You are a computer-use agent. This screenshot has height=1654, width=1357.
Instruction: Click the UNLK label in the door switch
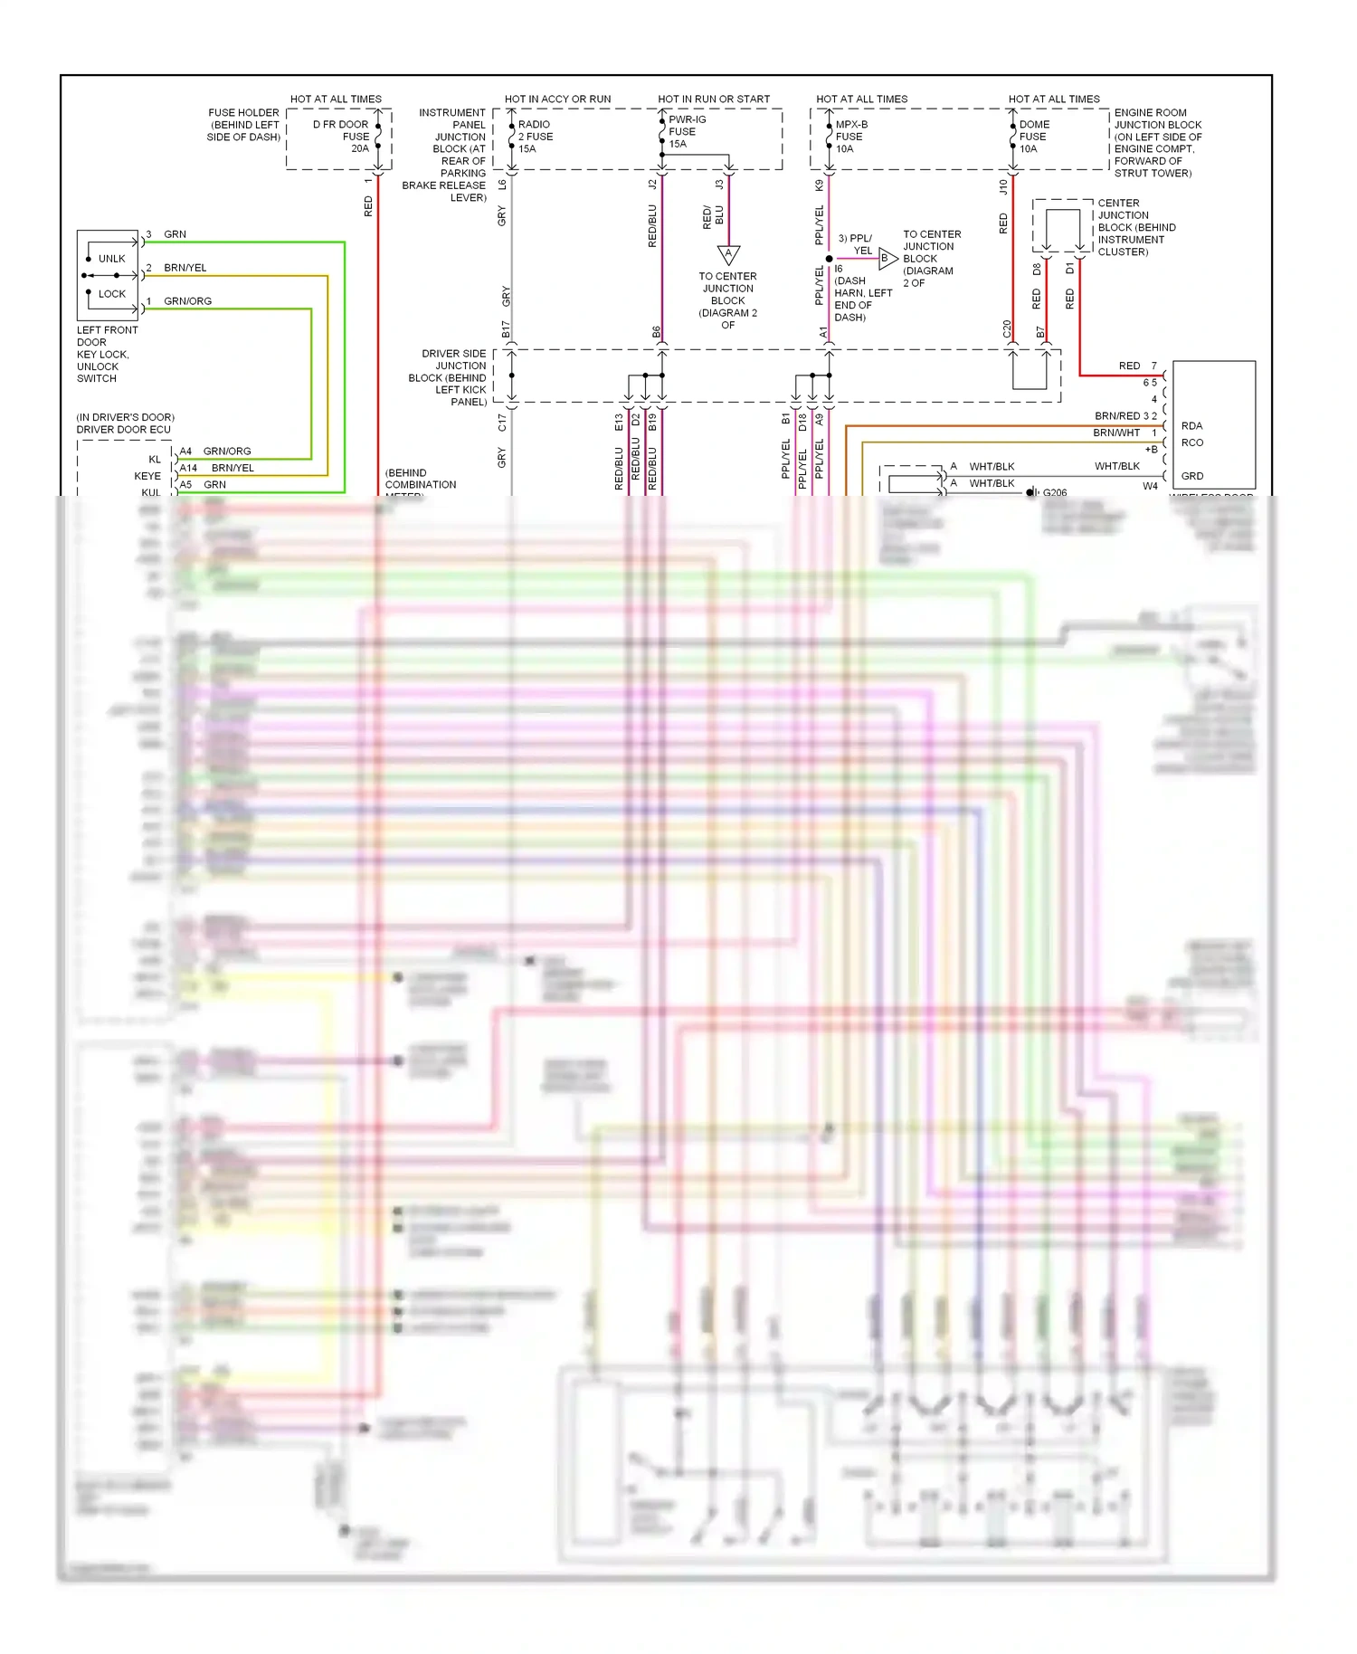click(112, 259)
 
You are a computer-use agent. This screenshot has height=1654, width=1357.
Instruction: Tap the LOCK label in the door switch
click(112, 294)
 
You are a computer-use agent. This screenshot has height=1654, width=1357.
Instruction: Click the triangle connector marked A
click(728, 254)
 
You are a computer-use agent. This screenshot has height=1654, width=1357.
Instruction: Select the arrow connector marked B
click(887, 258)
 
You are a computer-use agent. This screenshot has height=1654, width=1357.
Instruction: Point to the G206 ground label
click(1055, 493)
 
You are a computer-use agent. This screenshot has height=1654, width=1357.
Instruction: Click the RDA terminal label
click(1191, 426)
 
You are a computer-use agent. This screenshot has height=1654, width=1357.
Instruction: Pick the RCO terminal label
click(1191, 443)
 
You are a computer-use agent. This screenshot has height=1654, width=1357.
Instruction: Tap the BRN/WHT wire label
click(1116, 433)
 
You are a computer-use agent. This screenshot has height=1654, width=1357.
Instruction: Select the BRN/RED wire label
click(1117, 416)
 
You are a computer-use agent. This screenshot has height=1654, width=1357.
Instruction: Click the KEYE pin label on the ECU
click(147, 476)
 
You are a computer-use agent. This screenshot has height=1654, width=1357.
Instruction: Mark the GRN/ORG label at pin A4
click(227, 452)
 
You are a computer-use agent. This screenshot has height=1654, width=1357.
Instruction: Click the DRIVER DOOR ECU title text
click(123, 430)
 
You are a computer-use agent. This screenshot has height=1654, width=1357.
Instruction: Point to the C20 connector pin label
click(1007, 329)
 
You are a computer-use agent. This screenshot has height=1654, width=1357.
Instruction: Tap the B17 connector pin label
click(506, 329)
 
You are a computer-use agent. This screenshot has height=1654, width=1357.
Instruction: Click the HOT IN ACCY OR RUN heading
click(557, 100)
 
